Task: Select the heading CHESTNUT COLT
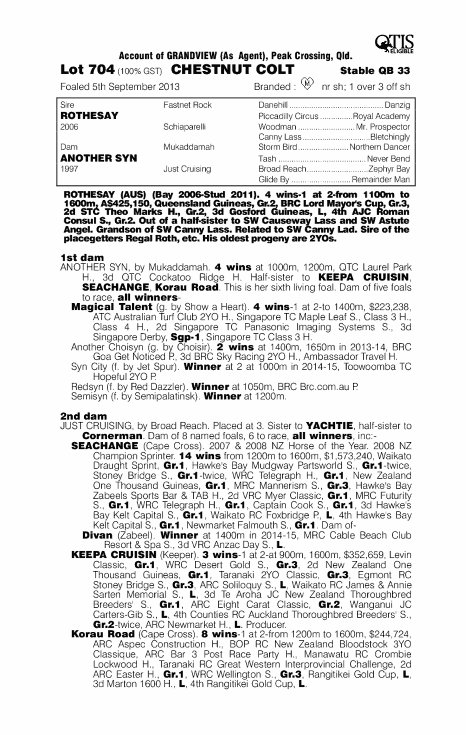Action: click(233, 70)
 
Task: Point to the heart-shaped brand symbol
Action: click(307, 85)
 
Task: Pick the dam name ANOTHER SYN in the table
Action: click(98, 158)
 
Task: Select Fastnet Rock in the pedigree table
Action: click(187, 105)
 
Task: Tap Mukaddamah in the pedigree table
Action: click(189, 147)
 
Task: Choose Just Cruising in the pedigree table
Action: click(187, 169)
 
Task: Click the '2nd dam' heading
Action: click(83, 416)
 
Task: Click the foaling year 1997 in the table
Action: click(71, 169)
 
